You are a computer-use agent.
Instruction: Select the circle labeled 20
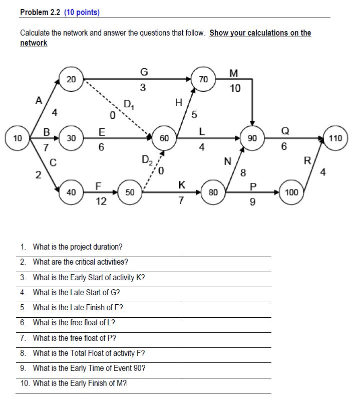[x=72, y=79]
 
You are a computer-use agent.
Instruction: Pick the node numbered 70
[x=203, y=79]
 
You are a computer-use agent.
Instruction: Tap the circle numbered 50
[x=130, y=192]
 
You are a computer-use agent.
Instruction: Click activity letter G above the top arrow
[x=144, y=73]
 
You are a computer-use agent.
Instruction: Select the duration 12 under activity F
[x=101, y=202]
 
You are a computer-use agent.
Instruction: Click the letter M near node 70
[x=234, y=74]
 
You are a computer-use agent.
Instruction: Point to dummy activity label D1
[x=129, y=105]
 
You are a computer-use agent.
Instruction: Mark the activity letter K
[x=182, y=185]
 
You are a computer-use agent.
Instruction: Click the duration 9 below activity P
[x=252, y=202]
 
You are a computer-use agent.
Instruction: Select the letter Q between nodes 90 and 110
[x=285, y=130]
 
